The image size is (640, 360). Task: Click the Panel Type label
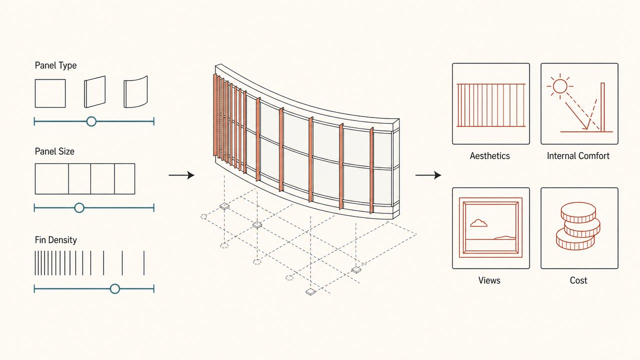55,65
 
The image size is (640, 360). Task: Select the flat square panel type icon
50,93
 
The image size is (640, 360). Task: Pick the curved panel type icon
135,92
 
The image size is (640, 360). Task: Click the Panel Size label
54,151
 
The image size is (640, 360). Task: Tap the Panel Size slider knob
79,207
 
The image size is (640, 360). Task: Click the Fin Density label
55,240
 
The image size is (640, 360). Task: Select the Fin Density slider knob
115,289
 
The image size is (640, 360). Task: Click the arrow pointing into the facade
181,175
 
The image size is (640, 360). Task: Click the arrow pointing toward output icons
428,175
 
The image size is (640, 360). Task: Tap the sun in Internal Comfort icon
559,86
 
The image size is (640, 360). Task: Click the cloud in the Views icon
478,223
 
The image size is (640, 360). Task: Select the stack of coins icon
577,226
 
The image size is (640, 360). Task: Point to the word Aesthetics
489,156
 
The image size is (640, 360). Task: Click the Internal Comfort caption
578,156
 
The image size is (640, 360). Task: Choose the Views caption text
489,280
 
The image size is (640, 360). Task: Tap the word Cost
578,280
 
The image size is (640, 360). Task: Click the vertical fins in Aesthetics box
491,105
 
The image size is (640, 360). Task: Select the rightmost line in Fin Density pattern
144,263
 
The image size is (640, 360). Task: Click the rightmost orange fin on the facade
371,170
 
